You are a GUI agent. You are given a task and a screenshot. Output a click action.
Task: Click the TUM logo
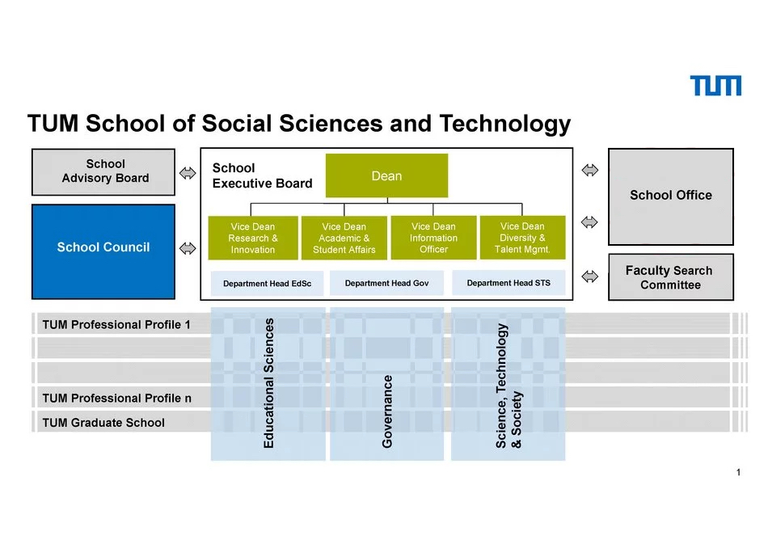point(715,86)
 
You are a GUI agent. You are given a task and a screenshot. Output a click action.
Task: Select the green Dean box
point(386,175)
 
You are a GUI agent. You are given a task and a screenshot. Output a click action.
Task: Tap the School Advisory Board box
point(103,172)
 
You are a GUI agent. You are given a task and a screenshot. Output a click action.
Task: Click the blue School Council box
point(103,251)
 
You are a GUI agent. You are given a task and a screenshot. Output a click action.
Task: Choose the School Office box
point(670,196)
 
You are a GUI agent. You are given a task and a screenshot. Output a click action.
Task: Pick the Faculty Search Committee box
point(670,277)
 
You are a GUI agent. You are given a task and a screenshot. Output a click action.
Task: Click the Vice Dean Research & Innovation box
point(253,238)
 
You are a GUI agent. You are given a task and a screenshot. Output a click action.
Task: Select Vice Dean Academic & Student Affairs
point(344,238)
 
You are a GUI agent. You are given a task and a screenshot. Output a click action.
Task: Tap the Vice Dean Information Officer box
point(433,238)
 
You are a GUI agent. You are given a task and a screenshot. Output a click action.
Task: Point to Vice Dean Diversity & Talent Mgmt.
point(522,238)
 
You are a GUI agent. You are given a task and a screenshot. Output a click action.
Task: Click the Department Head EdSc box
point(267,284)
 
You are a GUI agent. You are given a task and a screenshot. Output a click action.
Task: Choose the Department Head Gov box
point(386,284)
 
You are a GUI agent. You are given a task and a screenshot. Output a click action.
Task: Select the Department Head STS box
point(508,283)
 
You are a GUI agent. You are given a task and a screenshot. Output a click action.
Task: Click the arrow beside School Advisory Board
point(188,173)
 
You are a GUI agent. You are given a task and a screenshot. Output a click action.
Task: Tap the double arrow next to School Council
point(188,248)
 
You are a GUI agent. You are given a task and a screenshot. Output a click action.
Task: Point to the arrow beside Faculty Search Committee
point(589,276)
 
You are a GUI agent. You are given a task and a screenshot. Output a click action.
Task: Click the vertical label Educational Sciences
point(268,383)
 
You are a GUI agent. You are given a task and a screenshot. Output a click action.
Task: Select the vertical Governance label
point(387,411)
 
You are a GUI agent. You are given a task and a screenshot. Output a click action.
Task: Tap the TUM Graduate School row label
point(103,423)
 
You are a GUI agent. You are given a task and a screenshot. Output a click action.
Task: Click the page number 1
point(738,472)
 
